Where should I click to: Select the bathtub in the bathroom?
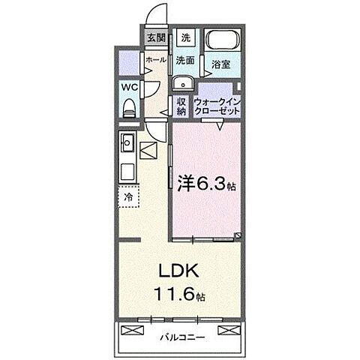click(x=221, y=43)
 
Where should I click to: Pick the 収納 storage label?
click(x=181, y=106)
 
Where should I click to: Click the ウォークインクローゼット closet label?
click(x=217, y=106)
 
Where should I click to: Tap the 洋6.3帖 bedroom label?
click(x=207, y=182)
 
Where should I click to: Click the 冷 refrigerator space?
click(x=127, y=197)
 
